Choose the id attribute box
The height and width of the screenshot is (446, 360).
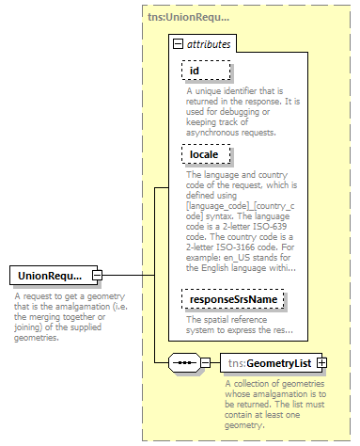coord(195,71)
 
